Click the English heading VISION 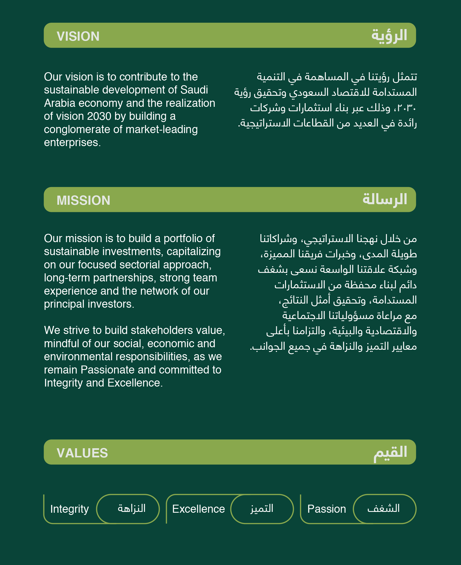tap(78, 36)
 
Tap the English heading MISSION tap(83, 200)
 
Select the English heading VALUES tap(82, 453)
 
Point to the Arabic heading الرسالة tap(385, 199)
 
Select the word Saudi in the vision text tap(194, 90)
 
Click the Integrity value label tap(69, 509)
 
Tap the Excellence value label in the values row tap(198, 509)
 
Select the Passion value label tap(327, 509)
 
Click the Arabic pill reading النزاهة tap(131, 509)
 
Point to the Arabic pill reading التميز tap(262, 509)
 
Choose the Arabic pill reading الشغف tap(384, 509)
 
